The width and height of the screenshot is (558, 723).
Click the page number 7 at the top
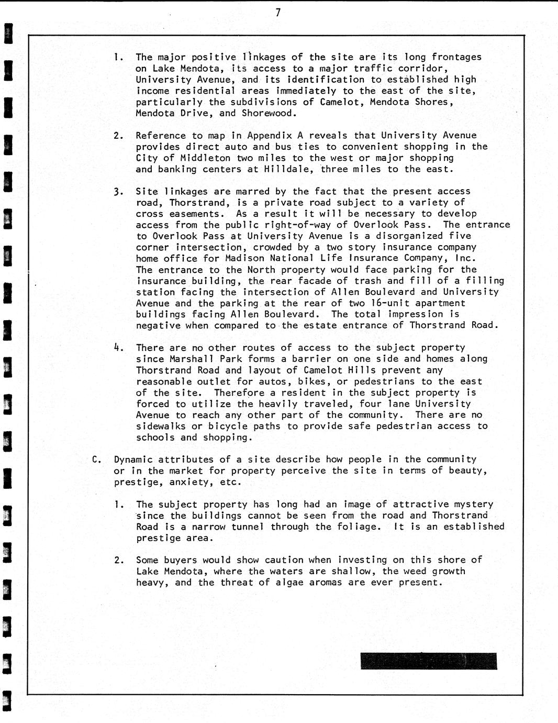point(278,13)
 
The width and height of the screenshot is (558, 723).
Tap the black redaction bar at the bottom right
point(429,661)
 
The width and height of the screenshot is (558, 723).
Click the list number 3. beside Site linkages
point(118,192)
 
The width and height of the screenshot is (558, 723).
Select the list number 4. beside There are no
point(118,347)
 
